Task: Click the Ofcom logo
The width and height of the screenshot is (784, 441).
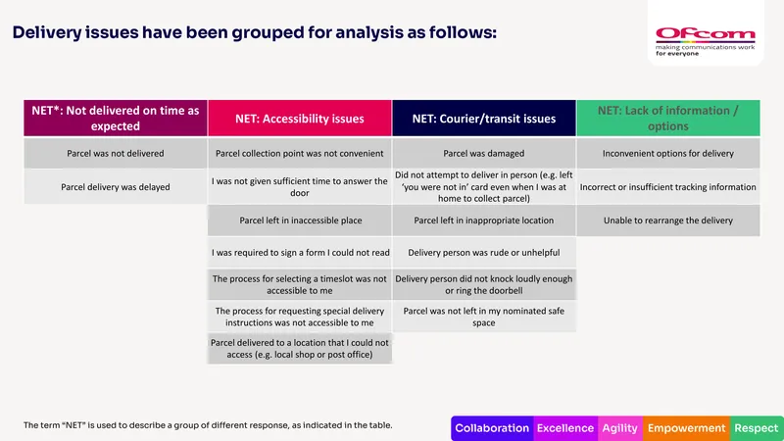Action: coord(705,41)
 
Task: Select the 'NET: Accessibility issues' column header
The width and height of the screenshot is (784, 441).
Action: coord(300,118)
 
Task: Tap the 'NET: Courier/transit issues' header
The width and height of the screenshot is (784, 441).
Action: coord(483,118)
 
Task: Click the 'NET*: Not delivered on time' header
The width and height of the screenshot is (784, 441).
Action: coord(116,118)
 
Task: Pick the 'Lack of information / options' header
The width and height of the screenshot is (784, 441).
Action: coord(668,118)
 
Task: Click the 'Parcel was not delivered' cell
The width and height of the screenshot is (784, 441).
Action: coord(116,153)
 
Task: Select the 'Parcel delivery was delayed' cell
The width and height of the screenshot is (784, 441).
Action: coord(116,186)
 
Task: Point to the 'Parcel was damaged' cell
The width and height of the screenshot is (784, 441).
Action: coord(483,153)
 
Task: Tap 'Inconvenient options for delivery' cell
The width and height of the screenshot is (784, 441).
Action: coord(668,153)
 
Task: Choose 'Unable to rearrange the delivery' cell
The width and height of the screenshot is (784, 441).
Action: coord(668,220)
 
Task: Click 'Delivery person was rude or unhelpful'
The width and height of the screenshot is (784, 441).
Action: coord(483,253)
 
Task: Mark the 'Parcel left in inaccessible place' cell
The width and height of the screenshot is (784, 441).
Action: coord(300,220)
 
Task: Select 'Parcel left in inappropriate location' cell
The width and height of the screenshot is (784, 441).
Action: coord(483,220)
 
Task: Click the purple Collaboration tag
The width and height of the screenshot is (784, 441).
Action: coord(492,428)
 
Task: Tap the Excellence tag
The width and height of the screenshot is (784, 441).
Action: coord(565,428)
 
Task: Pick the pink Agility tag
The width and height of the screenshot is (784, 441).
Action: coord(620,428)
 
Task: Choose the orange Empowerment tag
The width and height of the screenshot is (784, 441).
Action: coord(687,428)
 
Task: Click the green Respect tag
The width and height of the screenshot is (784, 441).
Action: coord(757,428)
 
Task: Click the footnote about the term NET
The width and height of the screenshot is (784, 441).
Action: coord(208,425)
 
